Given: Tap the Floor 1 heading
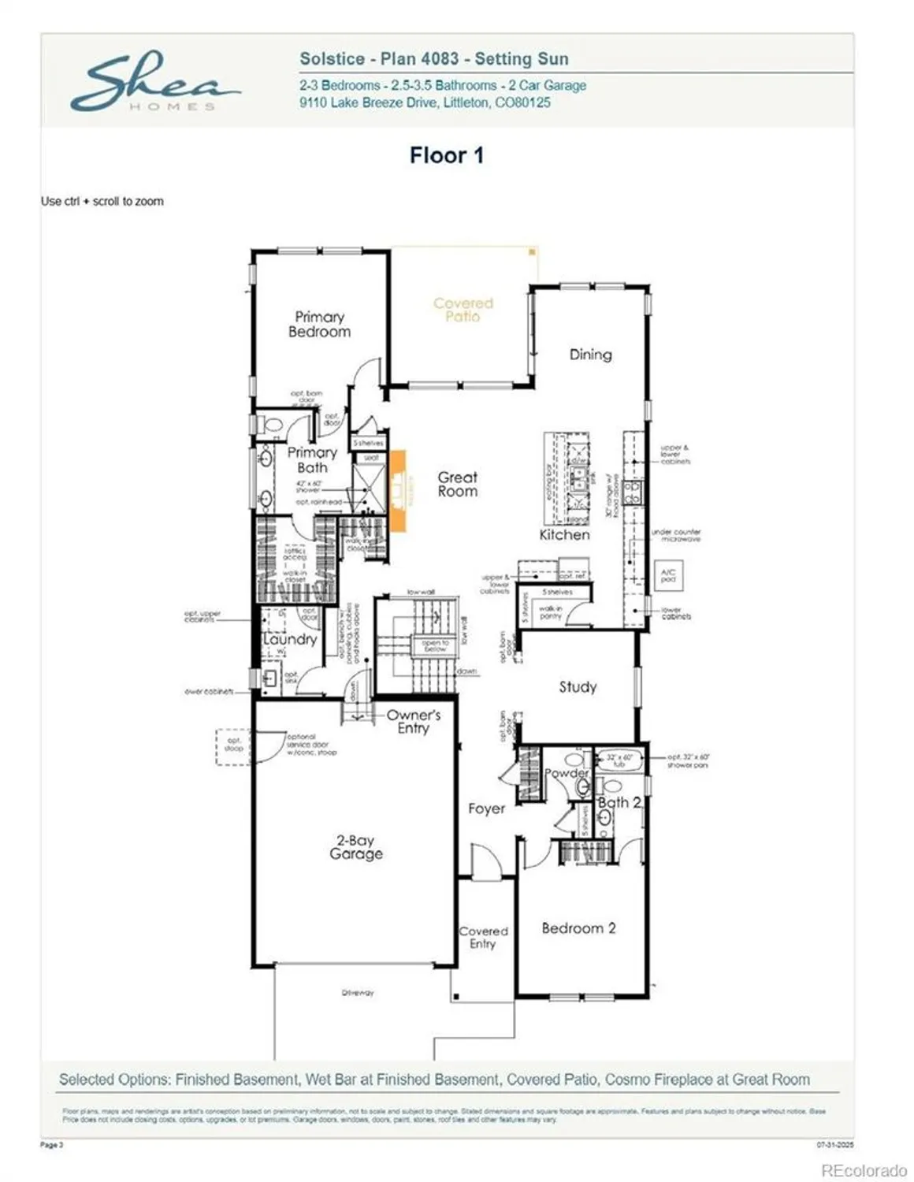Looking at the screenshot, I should click(446, 155).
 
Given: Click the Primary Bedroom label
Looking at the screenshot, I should click(319, 324).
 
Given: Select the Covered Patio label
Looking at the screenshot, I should click(463, 309).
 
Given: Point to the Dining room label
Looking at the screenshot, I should click(590, 355).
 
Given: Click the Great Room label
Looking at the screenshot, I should click(457, 484).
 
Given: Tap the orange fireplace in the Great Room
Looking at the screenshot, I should click(398, 490).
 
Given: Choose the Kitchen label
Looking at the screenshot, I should click(564, 535).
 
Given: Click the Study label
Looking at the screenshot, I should click(578, 687).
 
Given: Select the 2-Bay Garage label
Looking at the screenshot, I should click(356, 847).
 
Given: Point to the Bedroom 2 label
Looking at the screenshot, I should click(578, 928).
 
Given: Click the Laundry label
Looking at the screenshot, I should click(290, 639).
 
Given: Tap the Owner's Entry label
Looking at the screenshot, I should click(413, 722).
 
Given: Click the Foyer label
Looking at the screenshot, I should click(486, 808).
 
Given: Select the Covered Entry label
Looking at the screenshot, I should click(483, 938).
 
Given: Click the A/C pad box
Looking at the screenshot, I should click(668, 575).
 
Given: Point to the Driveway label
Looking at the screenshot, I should click(358, 993).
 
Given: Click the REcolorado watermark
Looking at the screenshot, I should click(864, 1171).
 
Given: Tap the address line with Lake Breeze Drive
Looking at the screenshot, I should click(425, 102).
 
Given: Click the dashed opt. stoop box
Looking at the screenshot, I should click(234, 745).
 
